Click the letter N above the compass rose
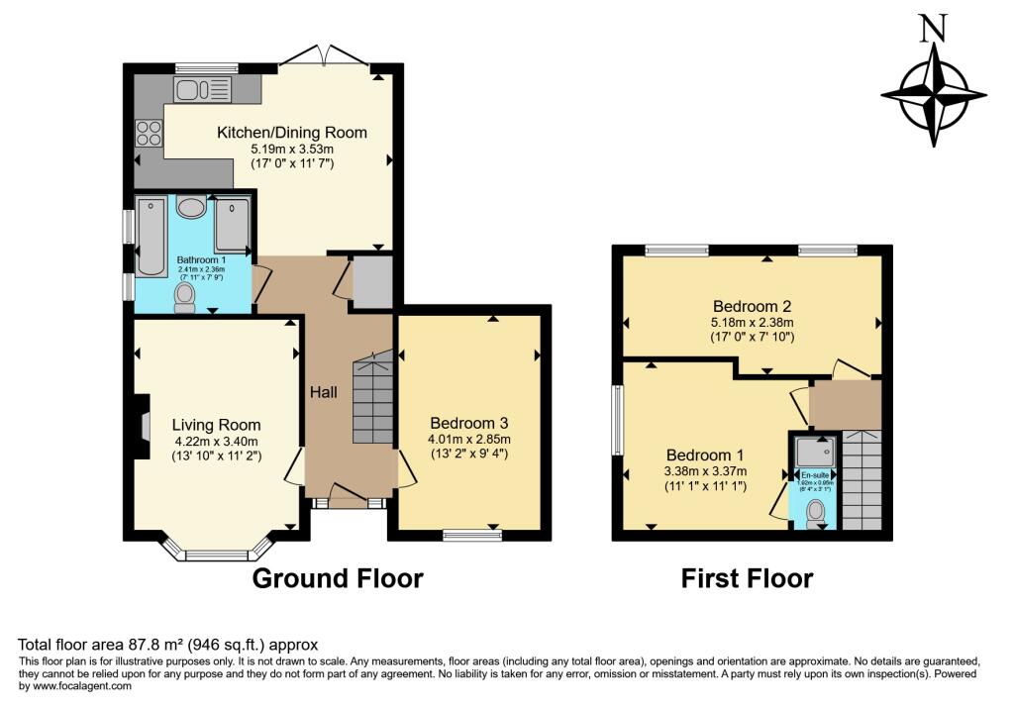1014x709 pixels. tap(930, 30)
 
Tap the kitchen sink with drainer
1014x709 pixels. tap(204, 91)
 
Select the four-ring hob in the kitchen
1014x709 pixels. tap(149, 132)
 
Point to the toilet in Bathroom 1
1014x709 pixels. tap(183, 297)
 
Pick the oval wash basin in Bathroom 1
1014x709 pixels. tap(191, 207)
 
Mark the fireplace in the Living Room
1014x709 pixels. tap(142, 426)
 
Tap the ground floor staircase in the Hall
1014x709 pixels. tap(372, 401)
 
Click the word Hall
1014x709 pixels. tap(324, 392)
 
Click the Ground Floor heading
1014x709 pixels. tap(338, 578)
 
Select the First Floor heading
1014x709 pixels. tap(747, 578)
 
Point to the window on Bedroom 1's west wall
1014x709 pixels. tap(618, 420)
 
